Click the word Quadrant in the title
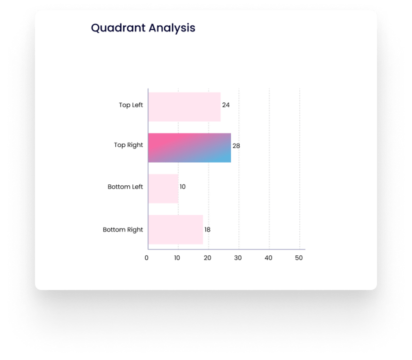click(x=118, y=28)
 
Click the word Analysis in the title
click(x=172, y=28)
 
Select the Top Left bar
click(x=184, y=107)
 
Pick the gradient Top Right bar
click(x=190, y=148)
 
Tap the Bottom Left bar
click(x=163, y=188)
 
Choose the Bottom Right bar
click(x=176, y=230)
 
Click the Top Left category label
click(x=131, y=105)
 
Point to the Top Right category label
click(x=128, y=145)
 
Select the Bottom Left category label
click(x=125, y=187)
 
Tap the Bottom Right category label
click(x=123, y=230)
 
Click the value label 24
click(x=226, y=105)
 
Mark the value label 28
click(x=236, y=146)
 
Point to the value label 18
click(x=208, y=230)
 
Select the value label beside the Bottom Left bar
click(x=183, y=187)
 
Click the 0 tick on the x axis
click(x=147, y=258)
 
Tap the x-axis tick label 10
click(x=177, y=258)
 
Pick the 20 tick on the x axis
click(x=208, y=258)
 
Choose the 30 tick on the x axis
click(x=238, y=258)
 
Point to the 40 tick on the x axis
click(x=268, y=258)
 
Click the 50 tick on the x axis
click(x=299, y=258)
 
